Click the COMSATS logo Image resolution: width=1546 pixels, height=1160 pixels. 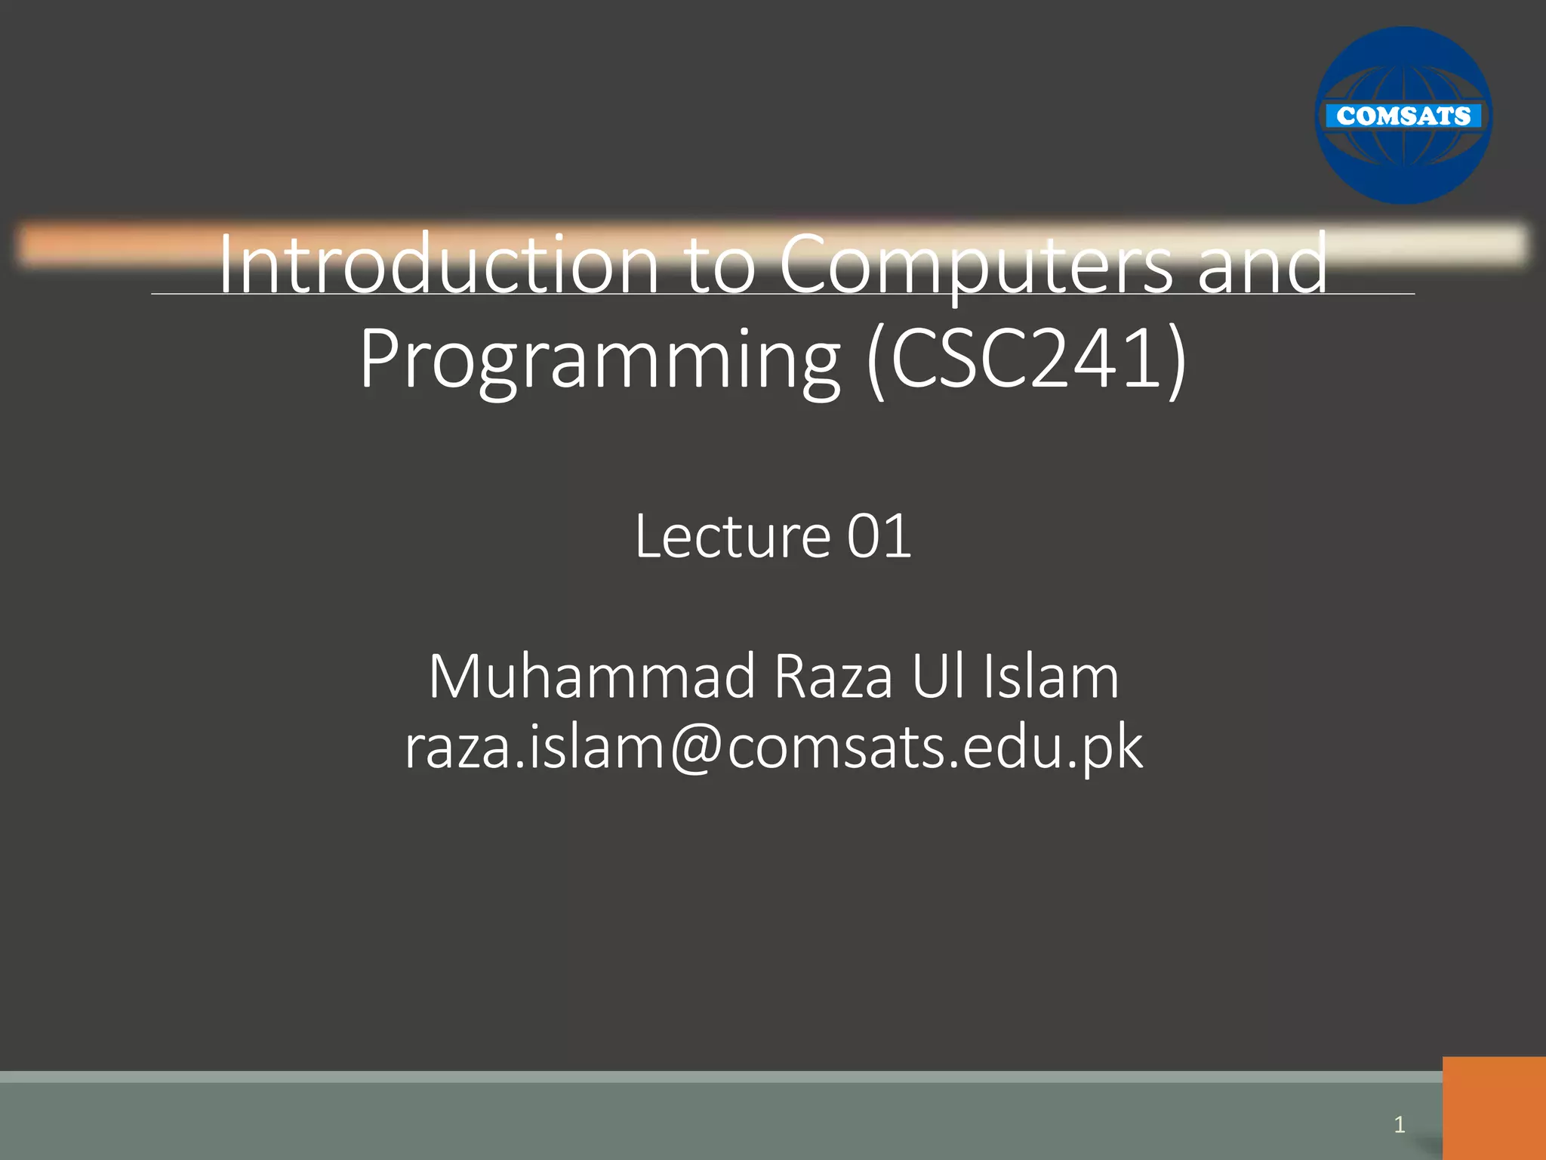tap(1403, 116)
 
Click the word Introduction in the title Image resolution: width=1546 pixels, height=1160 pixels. tap(439, 264)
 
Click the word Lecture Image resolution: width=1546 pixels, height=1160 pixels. tap(731, 535)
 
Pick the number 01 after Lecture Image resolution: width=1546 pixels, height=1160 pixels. tap(879, 535)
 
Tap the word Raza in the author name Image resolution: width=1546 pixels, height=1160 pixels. tap(833, 676)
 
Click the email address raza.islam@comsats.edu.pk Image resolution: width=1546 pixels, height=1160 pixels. tap(773, 747)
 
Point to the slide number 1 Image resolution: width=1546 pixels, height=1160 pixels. tap(1400, 1125)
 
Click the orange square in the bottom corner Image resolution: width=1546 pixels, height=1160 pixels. tap(1493, 1108)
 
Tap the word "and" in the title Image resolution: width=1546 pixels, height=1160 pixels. tap(1262, 264)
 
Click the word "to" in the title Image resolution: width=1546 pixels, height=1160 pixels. tap(720, 264)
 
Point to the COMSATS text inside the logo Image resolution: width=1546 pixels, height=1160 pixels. tap(1403, 116)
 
